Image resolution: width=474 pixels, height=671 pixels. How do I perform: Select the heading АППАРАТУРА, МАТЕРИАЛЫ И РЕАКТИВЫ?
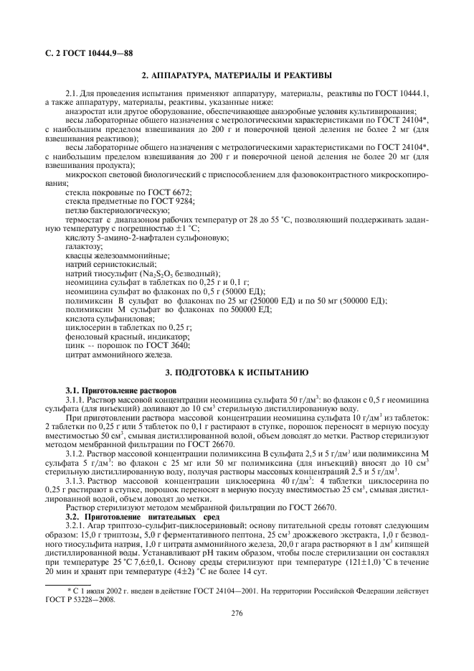(242, 75)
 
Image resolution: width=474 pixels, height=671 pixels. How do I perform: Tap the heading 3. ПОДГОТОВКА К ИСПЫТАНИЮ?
(237, 373)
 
